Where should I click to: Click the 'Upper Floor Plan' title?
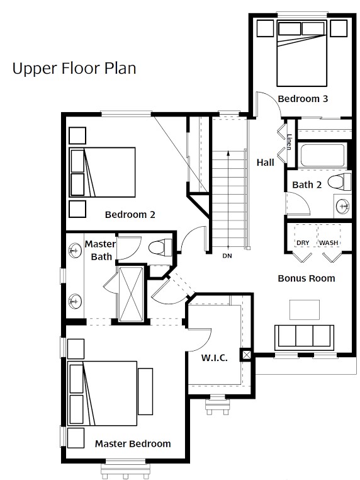point(74,69)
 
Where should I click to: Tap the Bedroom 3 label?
point(303,99)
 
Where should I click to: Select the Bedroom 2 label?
point(130,215)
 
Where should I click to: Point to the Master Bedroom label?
point(133,443)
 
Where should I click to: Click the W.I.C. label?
point(215,358)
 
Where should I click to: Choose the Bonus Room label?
point(307,278)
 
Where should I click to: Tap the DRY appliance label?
point(303,243)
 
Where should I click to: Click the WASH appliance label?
point(329,243)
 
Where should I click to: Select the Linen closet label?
point(289,142)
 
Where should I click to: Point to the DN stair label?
point(227,256)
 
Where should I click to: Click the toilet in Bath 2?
point(339,182)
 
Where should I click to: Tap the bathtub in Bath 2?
point(323,155)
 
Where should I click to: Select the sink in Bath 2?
point(342,206)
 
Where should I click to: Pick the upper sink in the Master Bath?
point(75,251)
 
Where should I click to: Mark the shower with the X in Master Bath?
point(131,294)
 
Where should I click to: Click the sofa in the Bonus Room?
point(305,337)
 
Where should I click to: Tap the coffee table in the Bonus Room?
point(305,310)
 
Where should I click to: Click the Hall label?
point(265,163)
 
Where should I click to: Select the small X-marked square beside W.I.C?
point(247,355)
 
